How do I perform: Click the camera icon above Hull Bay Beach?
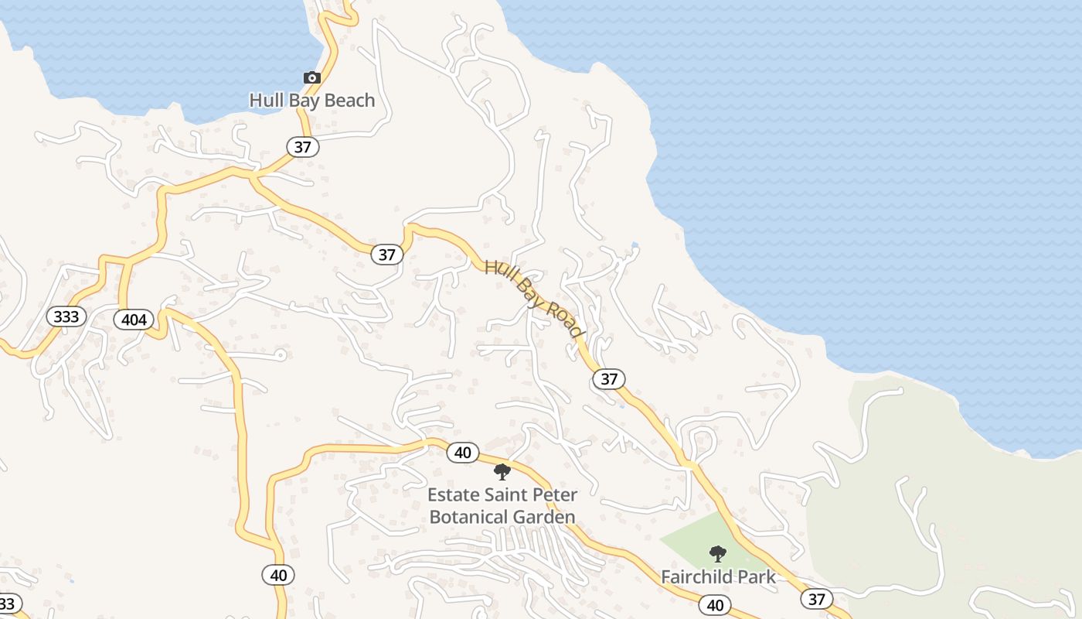coord(311,77)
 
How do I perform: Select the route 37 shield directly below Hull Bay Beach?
coord(303,146)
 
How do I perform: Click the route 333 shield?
coord(66,316)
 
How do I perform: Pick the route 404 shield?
coord(134,319)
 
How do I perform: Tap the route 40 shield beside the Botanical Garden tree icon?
coord(463,453)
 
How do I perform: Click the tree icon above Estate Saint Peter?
coord(502,471)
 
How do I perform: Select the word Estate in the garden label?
coord(454,494)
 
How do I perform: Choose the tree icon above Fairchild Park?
coord(718,554)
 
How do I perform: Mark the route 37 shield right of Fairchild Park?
coord(817,598)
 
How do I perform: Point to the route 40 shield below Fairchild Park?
coord(715,605)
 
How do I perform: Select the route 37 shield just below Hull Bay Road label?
coord(609,378)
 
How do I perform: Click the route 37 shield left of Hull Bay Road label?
coord(387,254)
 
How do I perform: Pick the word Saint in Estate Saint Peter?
coord(505,494)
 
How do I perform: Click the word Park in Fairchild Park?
coord(757,576)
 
